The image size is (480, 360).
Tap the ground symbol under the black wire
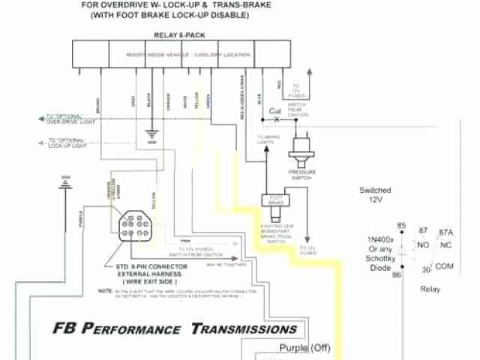pos(152,137)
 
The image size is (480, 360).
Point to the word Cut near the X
pos(275,111)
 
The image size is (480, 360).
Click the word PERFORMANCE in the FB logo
pos(139,328)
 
